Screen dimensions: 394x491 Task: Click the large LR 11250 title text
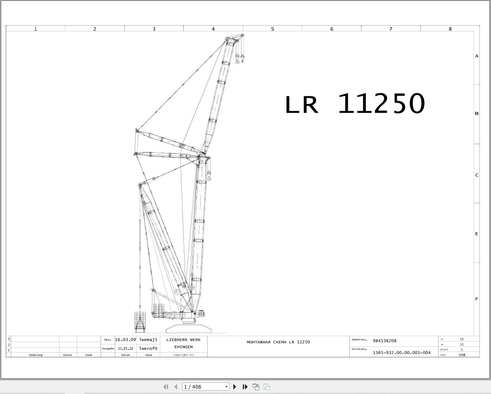(355, 104)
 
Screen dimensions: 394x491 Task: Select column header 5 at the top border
(273, 29)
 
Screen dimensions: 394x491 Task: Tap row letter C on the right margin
(477, 175)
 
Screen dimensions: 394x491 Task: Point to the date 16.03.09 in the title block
(125, 339)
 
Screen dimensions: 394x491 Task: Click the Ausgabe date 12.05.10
(126, 349)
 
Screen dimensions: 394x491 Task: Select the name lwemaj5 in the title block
(148, 339)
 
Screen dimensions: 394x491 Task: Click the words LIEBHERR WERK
(183, 339)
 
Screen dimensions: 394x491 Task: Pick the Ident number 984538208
(384, 341)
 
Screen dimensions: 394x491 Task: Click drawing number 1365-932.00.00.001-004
(401, 353)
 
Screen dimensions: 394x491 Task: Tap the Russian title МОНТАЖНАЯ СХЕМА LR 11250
(278, 342)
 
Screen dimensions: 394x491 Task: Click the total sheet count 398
(462, 355)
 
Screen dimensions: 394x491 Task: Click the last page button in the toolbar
(245, 387)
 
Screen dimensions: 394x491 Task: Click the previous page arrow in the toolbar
(176, 387)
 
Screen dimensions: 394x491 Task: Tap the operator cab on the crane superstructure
(201, 313)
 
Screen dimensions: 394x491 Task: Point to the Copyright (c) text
(183, 355)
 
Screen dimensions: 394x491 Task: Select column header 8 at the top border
(450, 29)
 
